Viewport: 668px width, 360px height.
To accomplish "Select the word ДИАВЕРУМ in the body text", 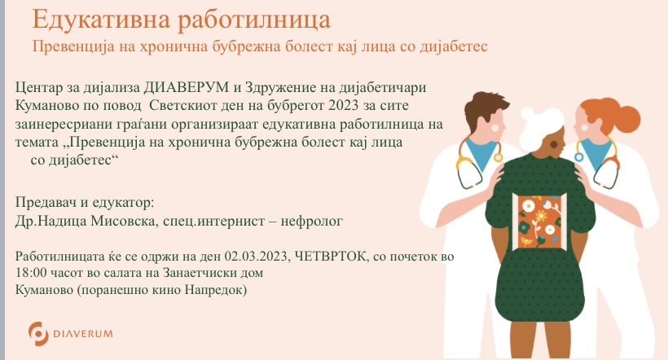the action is pyautogui.click(x=187, y=87).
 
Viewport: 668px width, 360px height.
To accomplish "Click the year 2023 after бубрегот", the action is pyautogui.click(x=344, y=105).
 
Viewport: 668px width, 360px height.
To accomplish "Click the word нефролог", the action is pyautogui.click(x=311, y=221).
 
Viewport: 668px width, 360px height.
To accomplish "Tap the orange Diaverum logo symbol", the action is pyautogui.click(x=38, y=333).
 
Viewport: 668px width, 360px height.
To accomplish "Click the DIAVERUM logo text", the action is pyautogui.click(x=83, y=334).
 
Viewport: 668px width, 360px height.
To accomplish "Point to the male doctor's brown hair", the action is pyautogui.click(x=485, y=104).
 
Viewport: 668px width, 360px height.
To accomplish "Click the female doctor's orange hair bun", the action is pyautogui.click(x=628, y=116).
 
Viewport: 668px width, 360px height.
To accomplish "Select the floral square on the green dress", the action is pyautogui.click(x=540, y=222).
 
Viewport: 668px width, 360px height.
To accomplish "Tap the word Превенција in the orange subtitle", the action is pyautogui.click(x=73, y=46).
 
